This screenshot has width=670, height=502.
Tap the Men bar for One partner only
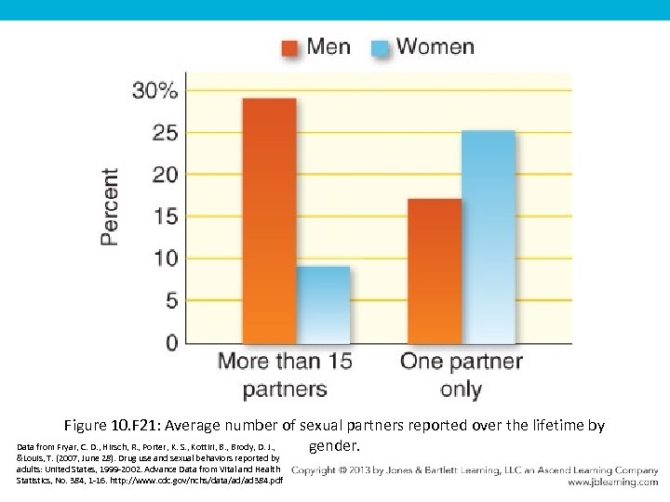[434, 271]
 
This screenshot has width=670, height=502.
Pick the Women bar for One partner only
[488, 237]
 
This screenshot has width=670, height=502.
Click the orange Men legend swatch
[290, 47]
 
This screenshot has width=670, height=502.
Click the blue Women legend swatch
[381, 47]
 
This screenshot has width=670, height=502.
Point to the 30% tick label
[154, 90]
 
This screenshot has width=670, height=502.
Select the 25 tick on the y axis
[165, 133]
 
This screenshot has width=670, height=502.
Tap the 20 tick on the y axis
[165, 175]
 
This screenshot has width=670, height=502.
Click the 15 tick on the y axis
[165, 217]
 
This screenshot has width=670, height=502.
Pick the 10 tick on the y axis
[165, 258]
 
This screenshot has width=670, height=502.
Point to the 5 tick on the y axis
[170, 301]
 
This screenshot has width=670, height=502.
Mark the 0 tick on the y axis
[170, 343]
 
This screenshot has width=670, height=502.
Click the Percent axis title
[110, 206]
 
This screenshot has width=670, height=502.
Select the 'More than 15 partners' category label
[285, 375]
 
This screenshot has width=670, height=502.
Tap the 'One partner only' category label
[462, 375]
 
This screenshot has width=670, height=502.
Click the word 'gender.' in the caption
[334, 446]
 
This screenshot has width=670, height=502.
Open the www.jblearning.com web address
[611, 482]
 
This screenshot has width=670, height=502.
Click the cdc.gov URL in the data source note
[217, 480]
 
